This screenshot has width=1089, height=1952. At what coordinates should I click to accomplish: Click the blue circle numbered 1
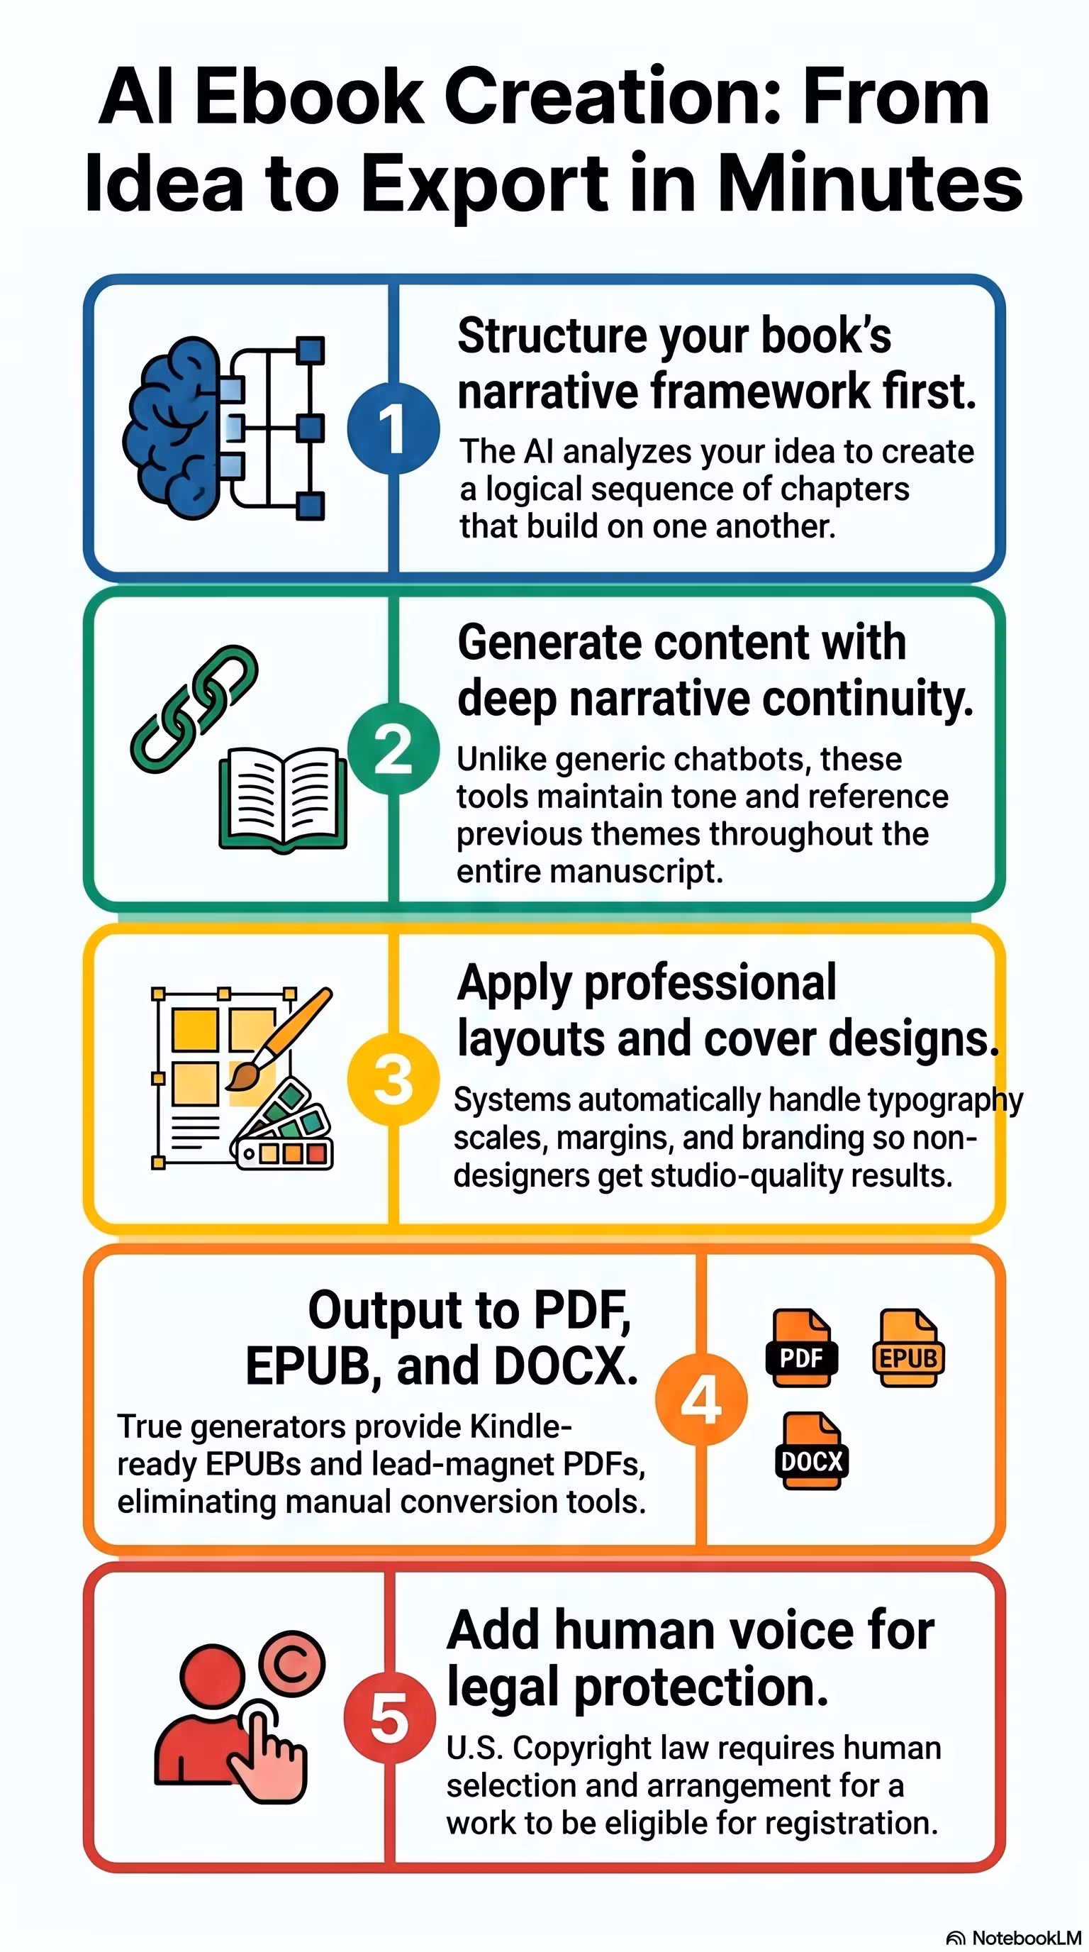pos(393,429)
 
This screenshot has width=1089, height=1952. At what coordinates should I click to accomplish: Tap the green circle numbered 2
pos(393,749)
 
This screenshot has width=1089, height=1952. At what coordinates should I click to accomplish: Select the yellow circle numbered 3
pos(393,1079)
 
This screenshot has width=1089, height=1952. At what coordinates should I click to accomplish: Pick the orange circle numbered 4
pos(701,1399)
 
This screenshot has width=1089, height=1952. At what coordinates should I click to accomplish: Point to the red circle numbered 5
pos(390,1717)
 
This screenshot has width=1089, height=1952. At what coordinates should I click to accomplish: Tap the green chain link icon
pos(194,709)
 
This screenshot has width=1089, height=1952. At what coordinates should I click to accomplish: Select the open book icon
pos(283,799)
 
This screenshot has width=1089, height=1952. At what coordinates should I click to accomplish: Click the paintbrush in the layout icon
pos(279,1039)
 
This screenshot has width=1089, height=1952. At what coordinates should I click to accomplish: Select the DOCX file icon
pos(811,1451)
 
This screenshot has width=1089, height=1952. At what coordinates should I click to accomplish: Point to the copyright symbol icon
pos(291,1664)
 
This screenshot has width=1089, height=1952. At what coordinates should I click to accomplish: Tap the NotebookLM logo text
pos(1026,1938)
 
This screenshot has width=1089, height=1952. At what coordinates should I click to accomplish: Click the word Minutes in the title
pos(870,184)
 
